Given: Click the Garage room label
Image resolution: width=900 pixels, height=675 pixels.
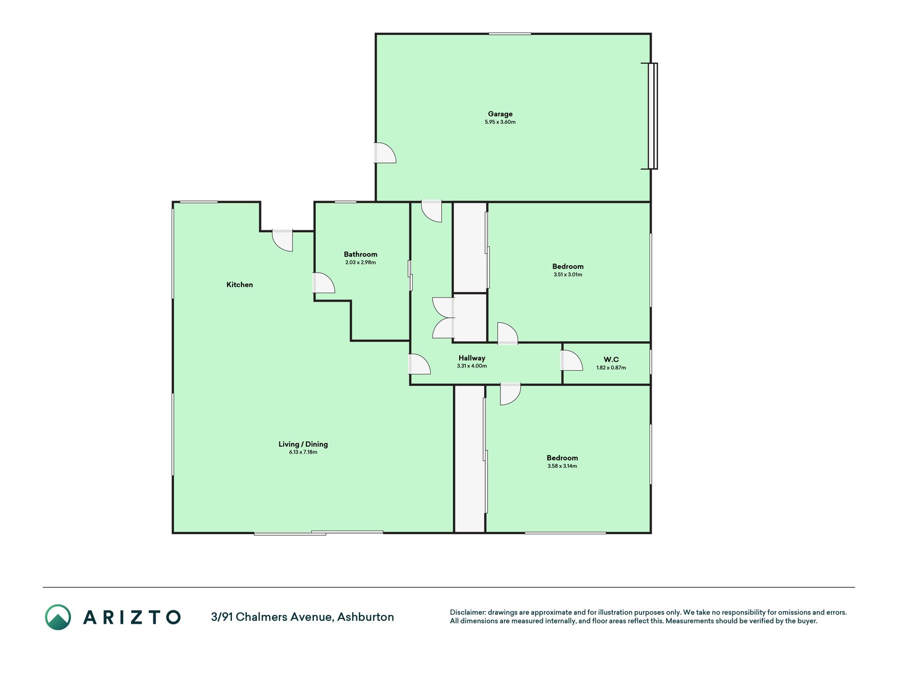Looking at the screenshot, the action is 500,114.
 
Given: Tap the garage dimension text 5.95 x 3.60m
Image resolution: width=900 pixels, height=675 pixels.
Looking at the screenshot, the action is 500,122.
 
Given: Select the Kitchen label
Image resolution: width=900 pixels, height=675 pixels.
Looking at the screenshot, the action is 239,285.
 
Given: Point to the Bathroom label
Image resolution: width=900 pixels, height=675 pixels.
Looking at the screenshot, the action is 361,254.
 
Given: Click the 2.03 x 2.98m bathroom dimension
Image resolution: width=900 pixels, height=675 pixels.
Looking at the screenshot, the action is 361,262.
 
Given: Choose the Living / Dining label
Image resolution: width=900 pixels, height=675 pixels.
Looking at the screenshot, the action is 303,444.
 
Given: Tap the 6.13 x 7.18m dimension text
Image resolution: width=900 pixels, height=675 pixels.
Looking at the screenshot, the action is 303,452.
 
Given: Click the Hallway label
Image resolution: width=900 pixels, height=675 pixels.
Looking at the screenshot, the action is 472,358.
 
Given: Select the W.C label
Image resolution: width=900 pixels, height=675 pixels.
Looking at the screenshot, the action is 611,360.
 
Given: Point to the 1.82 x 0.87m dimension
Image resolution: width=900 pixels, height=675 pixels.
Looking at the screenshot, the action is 611,368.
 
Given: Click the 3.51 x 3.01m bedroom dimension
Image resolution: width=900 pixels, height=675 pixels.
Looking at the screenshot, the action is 568,274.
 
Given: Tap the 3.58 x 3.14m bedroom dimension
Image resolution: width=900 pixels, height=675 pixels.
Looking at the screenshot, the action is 562,466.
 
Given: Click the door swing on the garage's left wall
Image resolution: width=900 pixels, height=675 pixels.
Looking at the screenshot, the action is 385,153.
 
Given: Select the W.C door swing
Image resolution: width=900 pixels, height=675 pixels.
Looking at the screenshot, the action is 572,360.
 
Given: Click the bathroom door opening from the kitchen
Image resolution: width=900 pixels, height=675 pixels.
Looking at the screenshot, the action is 324,283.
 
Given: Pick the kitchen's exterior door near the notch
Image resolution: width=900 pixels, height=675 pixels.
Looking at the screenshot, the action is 283,240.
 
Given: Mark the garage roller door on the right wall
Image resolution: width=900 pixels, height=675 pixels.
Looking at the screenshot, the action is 653,116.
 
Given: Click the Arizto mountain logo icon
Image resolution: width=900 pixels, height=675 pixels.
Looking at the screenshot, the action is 58,617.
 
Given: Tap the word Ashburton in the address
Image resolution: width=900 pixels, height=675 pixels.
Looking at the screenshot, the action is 365,617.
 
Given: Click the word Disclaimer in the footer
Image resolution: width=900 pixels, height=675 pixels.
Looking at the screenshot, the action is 467,612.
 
